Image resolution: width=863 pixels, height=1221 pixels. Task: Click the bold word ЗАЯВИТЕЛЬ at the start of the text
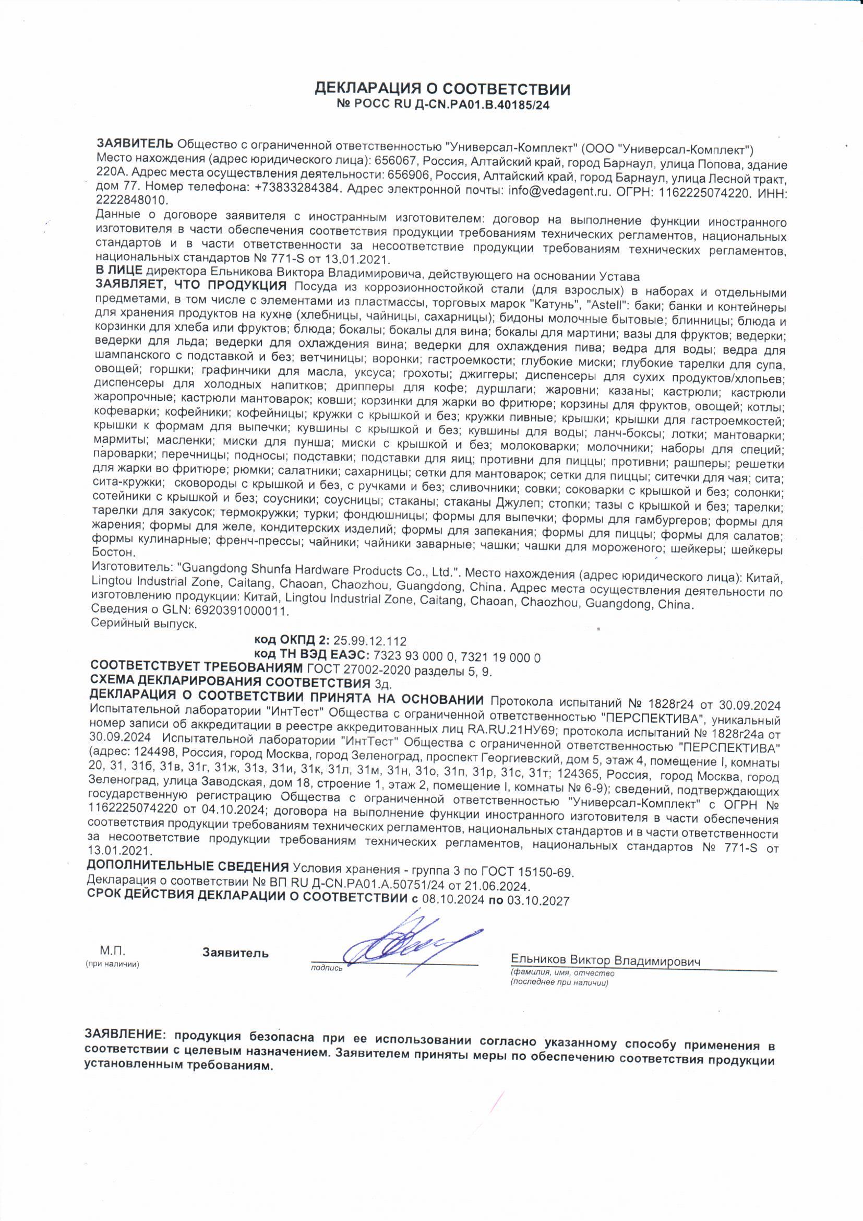[135, 144]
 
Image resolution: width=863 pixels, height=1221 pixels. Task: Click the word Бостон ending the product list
[111, 553]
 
